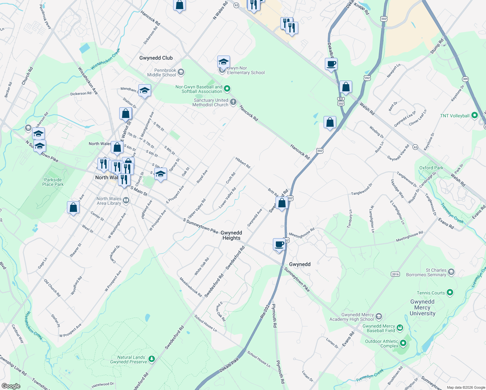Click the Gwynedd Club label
point(156,58)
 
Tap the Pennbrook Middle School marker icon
point(181,72)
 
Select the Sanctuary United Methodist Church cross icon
point(233,102)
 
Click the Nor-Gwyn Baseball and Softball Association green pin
point(227,88)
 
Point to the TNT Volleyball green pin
point(475,115)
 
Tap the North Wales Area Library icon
point(126,201)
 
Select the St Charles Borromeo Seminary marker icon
point(451,272)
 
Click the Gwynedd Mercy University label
point(422,307)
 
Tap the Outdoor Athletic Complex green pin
point(403,343)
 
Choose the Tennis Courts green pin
point(450,292)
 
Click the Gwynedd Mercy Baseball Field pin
point(400,328)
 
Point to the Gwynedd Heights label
point(231,235)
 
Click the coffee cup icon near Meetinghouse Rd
point(279,244)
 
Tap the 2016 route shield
point(395,274)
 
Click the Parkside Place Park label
point(53,182)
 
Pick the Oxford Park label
point(431,168)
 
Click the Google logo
point(11,386)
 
